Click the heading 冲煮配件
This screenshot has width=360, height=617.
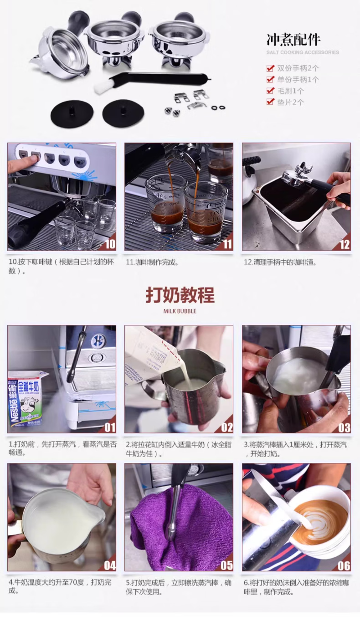pos(293,40)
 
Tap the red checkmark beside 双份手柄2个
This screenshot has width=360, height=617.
pos(271,68)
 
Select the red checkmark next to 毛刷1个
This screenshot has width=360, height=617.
pos(271,91)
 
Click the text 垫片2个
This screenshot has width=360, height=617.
pos(291,103)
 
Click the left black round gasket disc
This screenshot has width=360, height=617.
pos(72,113)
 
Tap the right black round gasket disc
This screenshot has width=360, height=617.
pos(123,113)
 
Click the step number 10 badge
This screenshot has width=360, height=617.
pos(110,244)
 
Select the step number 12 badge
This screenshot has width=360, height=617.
pos(345,244)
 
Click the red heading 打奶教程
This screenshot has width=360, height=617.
pos(180,295)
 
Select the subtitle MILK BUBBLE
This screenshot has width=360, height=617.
pos(180,311)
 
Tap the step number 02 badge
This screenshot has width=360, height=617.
pos(226,427)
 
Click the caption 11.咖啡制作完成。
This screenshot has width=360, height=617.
pos(152,262)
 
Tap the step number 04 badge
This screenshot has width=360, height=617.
pos(110,565)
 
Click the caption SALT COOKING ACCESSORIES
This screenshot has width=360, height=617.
pos(303,52)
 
